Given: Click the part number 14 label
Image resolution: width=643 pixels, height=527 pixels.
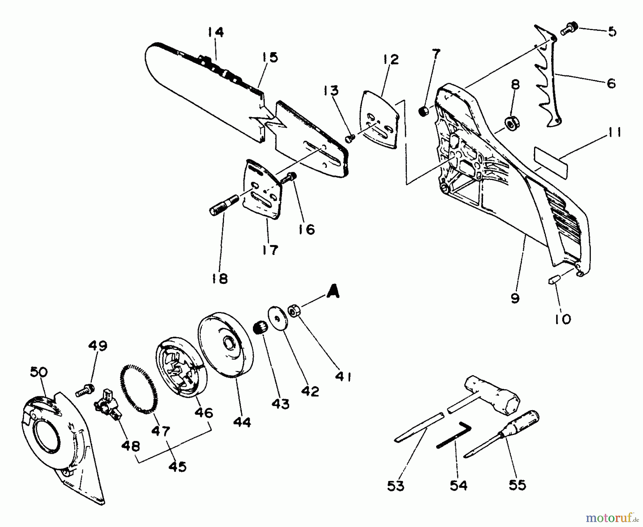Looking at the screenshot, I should [216, 32].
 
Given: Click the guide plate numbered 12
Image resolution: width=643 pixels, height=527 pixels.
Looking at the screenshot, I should [379, 119].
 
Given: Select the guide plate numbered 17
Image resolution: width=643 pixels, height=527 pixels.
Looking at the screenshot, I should [263, 189].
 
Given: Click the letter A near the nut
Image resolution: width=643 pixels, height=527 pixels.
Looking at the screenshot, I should [332, 293].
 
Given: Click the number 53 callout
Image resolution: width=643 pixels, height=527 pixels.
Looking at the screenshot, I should [396, 486].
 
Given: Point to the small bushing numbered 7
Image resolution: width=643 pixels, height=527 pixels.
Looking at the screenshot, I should [423, 112].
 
